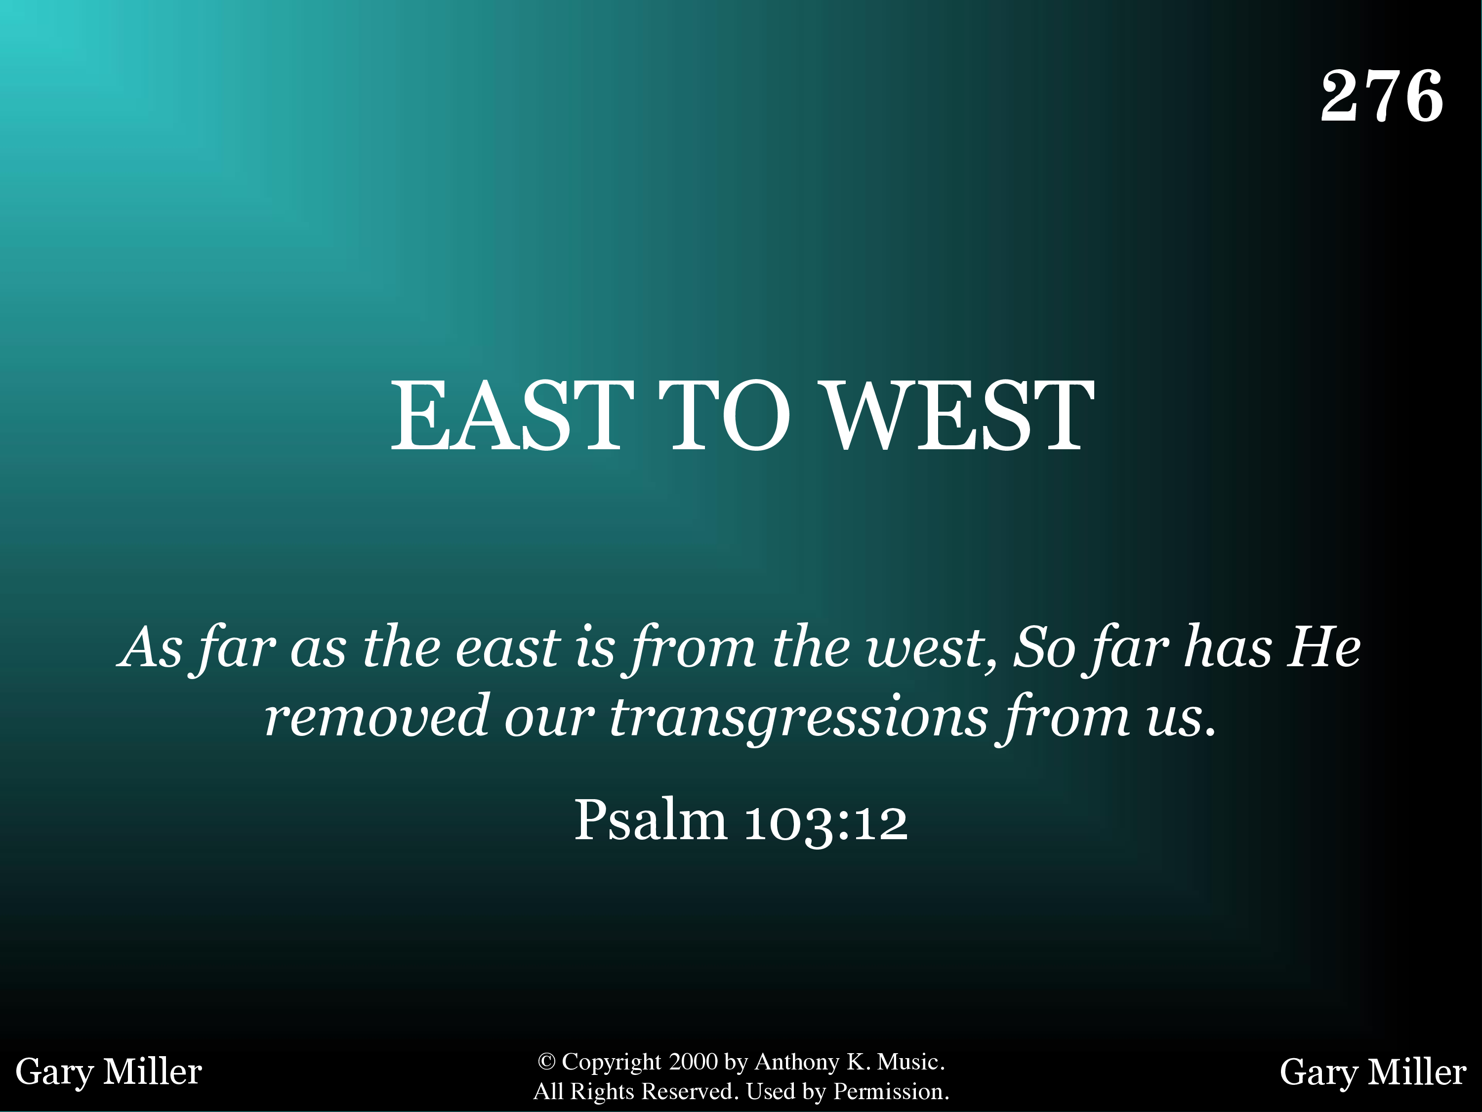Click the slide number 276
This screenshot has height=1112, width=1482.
1382,96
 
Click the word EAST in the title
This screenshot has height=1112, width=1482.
512,415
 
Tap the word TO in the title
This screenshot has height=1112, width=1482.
724,415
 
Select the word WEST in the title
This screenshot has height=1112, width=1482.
959,415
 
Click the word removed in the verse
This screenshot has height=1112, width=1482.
376,716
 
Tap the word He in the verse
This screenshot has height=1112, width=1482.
1326,647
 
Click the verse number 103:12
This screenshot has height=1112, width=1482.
826,822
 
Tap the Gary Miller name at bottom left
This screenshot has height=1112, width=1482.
109,1072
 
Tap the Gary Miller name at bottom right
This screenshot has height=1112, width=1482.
1373,1072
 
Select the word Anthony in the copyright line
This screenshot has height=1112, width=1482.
797,1063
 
